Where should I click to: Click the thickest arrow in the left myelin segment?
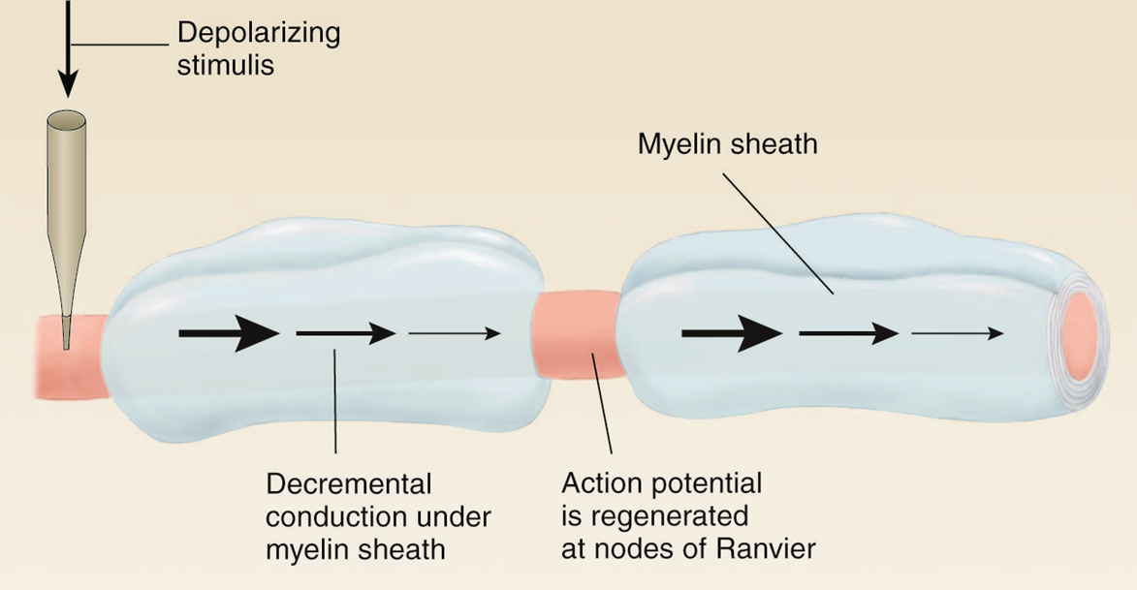229,333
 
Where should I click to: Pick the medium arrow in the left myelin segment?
345,333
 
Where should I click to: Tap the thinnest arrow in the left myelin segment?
455,333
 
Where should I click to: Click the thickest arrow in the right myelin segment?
732,333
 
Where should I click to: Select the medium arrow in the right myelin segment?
849,333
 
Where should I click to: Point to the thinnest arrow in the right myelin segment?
958,333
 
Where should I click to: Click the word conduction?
327,515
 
